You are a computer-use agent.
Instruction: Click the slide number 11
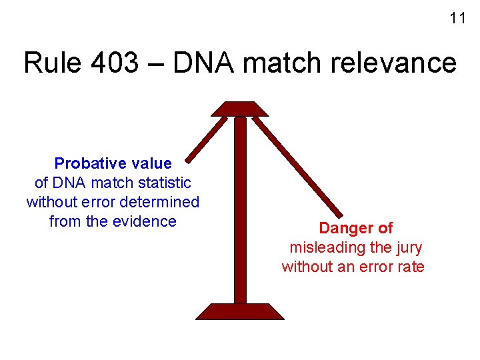tap(457, 19)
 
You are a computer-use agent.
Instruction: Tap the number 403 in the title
tap(122, 63)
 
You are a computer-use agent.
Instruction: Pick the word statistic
tap(164, 183)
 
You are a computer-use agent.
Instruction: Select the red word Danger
tap(343, 229)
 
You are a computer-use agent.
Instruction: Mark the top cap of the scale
tap(240, 109)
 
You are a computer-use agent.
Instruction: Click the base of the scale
tap(239, 312)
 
